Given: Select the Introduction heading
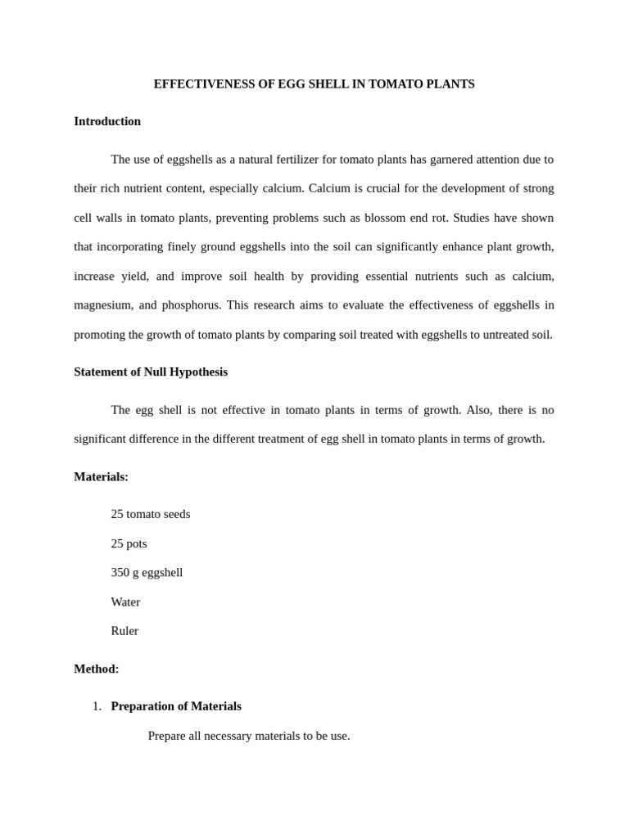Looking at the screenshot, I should [107, 121].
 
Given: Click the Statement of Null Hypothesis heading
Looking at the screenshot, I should [151, 372].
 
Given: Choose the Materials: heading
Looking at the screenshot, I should [101, 476].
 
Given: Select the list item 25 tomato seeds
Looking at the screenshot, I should [151, 514].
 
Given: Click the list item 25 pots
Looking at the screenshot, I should [129, 543].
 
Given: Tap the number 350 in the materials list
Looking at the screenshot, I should [120, 572].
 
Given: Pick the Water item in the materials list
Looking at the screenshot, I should [125, 601].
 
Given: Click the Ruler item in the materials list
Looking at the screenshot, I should [124, 631].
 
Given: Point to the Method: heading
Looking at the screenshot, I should [97, 669].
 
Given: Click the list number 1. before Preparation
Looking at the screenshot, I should [97, 706].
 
